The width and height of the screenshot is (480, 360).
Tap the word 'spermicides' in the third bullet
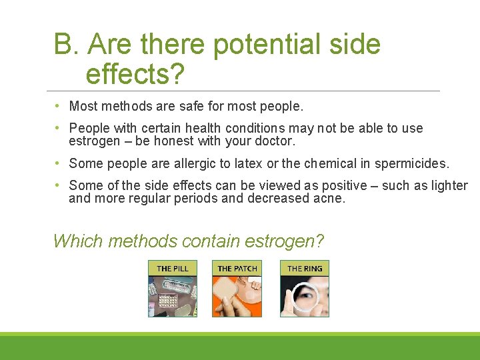click(411, 163)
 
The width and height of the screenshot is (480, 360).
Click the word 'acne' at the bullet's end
click(330, 198)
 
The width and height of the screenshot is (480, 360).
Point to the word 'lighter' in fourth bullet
click(447, 185)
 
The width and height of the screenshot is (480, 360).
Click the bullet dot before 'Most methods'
click(59, 106)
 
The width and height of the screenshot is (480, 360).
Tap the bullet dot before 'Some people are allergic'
click(59, 163)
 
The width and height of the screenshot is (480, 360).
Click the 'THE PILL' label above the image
click(172, 268)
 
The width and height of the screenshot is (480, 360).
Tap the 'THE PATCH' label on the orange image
click(237, 268)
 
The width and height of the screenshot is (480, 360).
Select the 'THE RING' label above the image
click(305, 268)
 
